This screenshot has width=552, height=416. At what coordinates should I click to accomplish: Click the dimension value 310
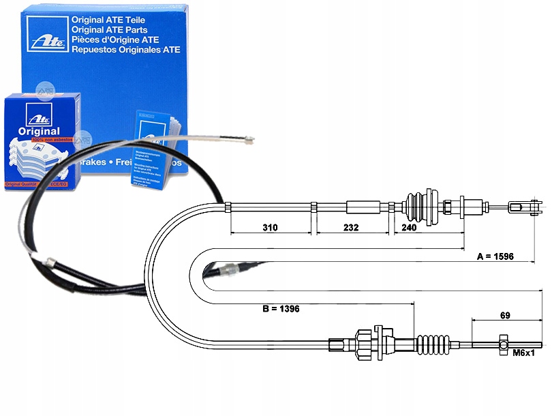click(x=269, y=228)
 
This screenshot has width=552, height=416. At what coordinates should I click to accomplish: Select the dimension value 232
click(x=350, y=228)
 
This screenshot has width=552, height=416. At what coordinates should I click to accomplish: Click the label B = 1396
click(x=281, y=309)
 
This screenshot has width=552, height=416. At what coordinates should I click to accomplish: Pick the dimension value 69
click(x=504, y=315)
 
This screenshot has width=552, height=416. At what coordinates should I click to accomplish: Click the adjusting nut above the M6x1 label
click(x=503, y=340)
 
